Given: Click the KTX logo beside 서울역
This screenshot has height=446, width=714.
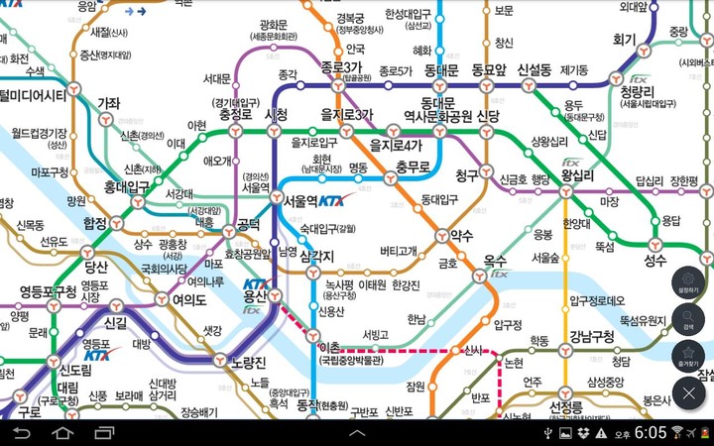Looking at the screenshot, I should pyautogui.click(x=336, y=200).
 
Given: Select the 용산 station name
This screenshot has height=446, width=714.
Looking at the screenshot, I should pyautogui.click(x=255, y=296).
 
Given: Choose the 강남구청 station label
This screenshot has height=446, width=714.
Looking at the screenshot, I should pyautogui.click(x=592, y=335).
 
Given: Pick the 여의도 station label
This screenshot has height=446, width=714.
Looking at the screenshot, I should pyautogui.click(x=188, y=300).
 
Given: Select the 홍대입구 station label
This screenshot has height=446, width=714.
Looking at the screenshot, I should pyautogui.click(x=126, y=185).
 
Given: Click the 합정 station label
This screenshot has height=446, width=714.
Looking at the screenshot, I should pyautogui.click(x=95, y=222).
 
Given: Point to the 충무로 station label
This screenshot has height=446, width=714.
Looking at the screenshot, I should pyautogui.click(x=413, y=167).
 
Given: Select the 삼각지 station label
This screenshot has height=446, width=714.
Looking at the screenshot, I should pyautogui.click(x=316, y=256).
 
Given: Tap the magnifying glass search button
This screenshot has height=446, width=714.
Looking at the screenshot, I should pyautogui.click(x=688, y=321).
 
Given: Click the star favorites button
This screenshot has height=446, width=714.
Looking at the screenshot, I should pyautogui.click(x=688, y=358).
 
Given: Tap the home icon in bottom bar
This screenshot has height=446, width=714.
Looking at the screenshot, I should pyautogui.click(x=62, y=433).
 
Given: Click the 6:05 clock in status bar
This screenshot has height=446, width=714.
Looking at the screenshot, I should pyautogui.click(x=651, y=433).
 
